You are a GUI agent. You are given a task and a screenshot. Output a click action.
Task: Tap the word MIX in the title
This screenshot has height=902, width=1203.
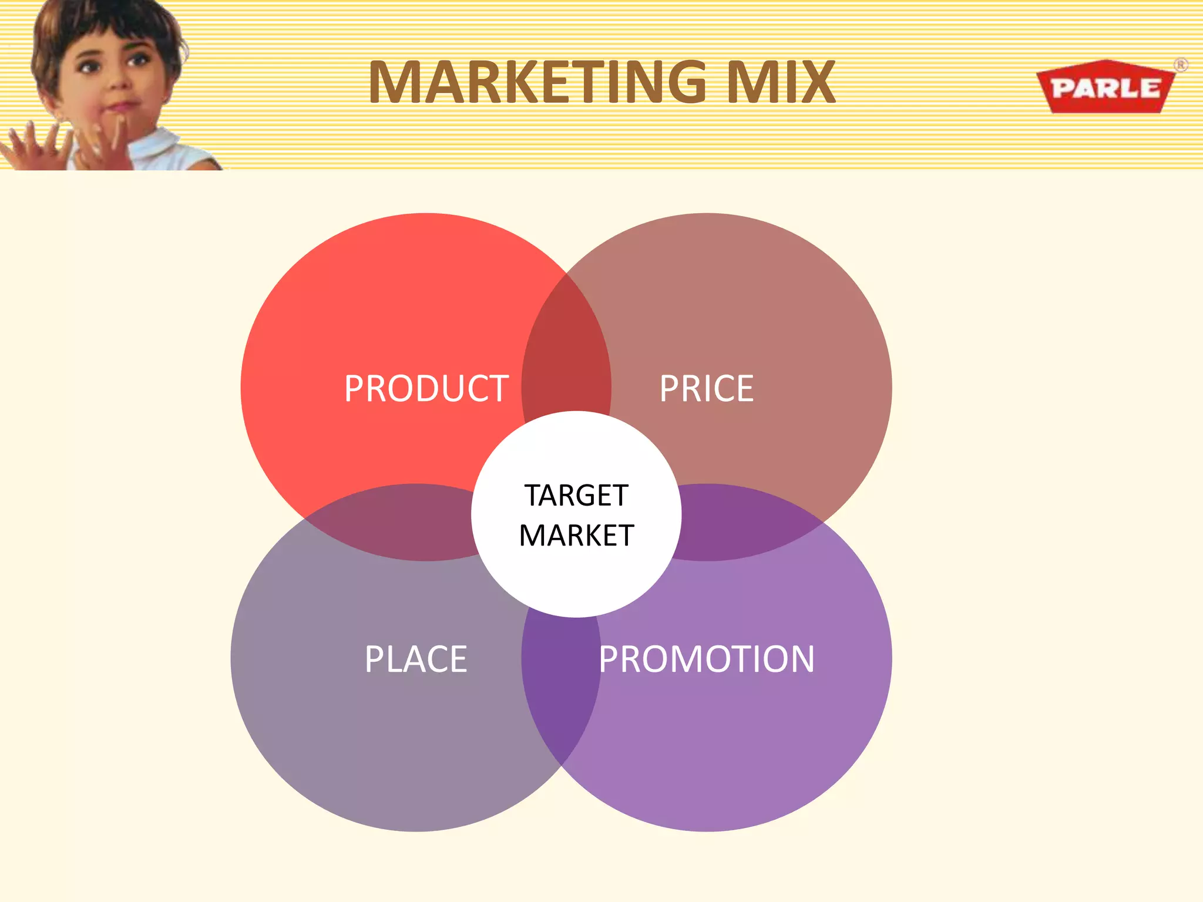coord(781,82)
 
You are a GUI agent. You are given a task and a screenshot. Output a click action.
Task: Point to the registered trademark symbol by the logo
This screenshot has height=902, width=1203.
coord(1181,65)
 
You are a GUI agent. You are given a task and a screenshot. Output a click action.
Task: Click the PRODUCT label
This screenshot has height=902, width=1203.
coord(426,389)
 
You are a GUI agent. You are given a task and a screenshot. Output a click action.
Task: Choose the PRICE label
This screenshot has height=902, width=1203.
coord(706,389)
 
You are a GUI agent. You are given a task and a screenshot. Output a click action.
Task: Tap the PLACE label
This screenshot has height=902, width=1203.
coord(415,659)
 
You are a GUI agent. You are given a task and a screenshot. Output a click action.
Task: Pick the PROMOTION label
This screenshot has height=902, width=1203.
coord(706,659)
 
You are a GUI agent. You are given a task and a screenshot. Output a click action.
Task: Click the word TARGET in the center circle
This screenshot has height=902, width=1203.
coord(576,495)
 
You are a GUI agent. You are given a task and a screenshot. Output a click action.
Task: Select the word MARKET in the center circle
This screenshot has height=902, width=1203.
coord(576,536)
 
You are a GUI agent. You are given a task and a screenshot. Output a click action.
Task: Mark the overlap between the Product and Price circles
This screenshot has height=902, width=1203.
coord(565,352)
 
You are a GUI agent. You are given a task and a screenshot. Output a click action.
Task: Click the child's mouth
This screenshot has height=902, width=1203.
coord(120,107)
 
